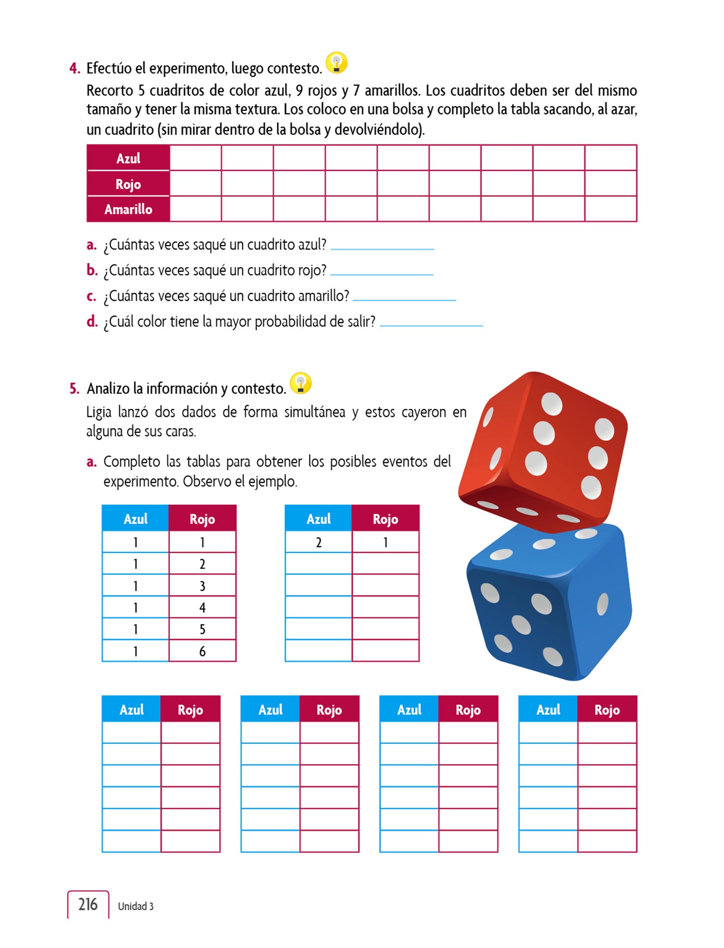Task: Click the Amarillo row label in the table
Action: click(x=128, y=209)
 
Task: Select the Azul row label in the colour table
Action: click(x=128, y=158)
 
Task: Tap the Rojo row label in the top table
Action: click(x=128, y=184)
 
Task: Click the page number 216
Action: click(x=88, y=904)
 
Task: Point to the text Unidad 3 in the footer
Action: click(x=136, y=906)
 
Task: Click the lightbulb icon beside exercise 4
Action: click(x=337, y=63)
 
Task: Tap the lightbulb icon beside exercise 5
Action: click(x=300, y=384)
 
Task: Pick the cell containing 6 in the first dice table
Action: click(x=202, y=651)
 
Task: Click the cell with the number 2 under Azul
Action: click(x=318, y=542)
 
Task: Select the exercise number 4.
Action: click(x=74, y=69)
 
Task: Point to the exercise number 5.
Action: click(x=74, y=388)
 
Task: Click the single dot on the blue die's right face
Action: click(x=602, y=604)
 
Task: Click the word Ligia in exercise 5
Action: click(x=99, y=412)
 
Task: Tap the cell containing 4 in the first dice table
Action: click(x=202, y=607)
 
